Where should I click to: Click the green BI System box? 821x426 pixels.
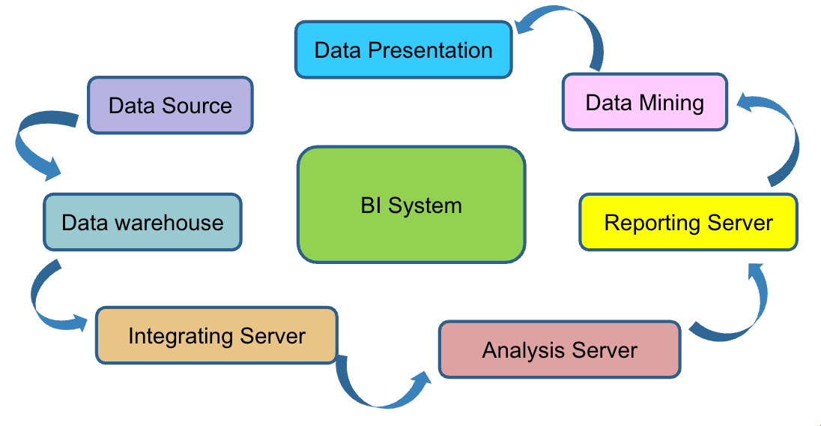pyautogui.click(x=411, y=205)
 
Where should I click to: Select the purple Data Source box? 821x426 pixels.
pyautogui.click(x=170, y=105)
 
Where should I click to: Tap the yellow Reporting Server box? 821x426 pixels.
pyautogui.click(x=688, y=222)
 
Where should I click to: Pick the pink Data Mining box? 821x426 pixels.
pyautogui.click(x=644, y=102)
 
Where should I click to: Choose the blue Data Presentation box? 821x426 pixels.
pyautogui.click(x=403, y=50)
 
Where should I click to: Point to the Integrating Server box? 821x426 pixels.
pyautogui.click(x=216, y=334)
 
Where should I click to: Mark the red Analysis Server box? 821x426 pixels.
pyautogui.click(x=560, y=349)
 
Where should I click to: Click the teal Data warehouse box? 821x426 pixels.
pyautogui.click(x=142, y=222)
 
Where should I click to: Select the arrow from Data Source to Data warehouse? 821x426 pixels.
pyautogui.click(x=34, y=146)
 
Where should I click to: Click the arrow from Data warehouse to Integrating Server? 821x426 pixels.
pyautogui.click(x=46, y=300)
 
